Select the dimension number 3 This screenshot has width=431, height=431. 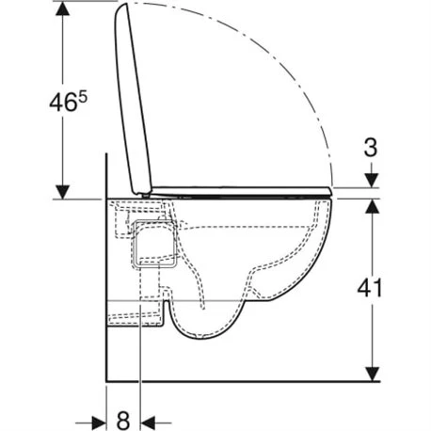tap(373, 148)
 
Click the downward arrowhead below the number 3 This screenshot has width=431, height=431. tap(373, 181)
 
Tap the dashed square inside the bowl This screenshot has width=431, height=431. tap(153, 243)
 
